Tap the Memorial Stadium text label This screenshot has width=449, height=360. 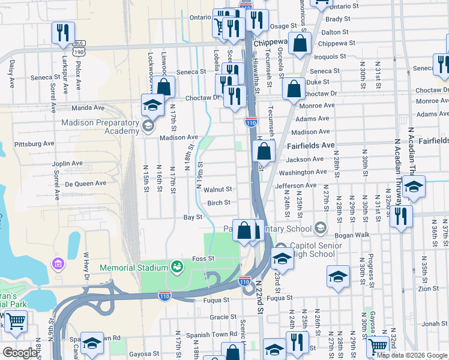click(133, 268)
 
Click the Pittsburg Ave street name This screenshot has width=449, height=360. click(34, 144)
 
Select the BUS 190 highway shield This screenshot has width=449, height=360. click(79, 48)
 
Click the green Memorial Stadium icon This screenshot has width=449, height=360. click(176, 266)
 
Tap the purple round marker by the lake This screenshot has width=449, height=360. click(58, 263)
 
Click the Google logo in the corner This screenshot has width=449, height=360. click(20, 353)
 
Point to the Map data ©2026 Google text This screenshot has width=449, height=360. click(412, 355)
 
